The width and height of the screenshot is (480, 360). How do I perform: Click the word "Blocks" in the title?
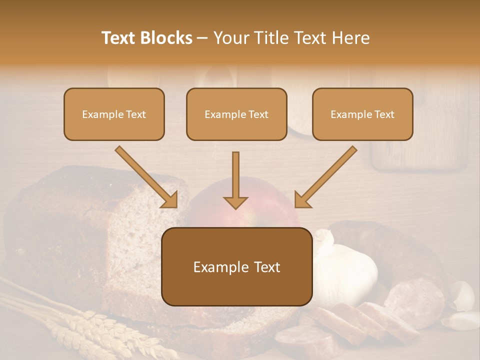coord(167,38)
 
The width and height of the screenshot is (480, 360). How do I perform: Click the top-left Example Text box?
coord(114,114)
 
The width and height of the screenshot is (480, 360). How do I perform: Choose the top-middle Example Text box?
coord(236,114)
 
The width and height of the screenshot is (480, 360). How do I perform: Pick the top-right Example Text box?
coord(362,114)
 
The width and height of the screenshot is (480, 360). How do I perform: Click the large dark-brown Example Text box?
coord(236,266)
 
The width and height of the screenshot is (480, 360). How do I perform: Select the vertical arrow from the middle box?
coord(235,177)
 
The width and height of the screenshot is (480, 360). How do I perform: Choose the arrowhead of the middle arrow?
coord(235,201)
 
